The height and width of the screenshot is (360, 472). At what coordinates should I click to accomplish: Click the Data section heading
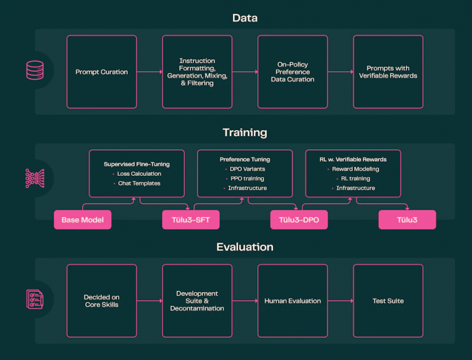[245, 18]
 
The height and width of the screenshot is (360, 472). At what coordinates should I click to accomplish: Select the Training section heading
[245, 132]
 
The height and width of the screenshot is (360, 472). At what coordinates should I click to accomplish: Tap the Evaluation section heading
[245, 247]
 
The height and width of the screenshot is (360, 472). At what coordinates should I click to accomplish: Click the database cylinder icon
[35, 70]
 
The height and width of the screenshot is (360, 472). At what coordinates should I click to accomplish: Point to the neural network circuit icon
[35, 178]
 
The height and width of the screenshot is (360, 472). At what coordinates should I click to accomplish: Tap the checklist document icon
[35, 299]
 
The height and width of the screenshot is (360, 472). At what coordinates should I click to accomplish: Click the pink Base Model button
[83, 220]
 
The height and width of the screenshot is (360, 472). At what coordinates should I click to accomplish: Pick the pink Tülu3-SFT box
[191, 220]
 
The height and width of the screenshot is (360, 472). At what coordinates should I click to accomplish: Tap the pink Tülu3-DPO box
[299, 220]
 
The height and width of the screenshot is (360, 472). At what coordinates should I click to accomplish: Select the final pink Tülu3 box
[408, 220]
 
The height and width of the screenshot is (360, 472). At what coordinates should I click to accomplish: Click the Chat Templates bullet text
[139, 183]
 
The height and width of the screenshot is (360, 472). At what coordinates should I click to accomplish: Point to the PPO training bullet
[247, 179]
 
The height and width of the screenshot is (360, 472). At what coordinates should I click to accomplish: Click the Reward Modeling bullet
[356, 169]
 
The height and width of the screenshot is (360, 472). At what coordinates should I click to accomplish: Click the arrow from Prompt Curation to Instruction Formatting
[150, 72]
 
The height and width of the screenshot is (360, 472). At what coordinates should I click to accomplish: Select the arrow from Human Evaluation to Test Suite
[340, 301]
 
